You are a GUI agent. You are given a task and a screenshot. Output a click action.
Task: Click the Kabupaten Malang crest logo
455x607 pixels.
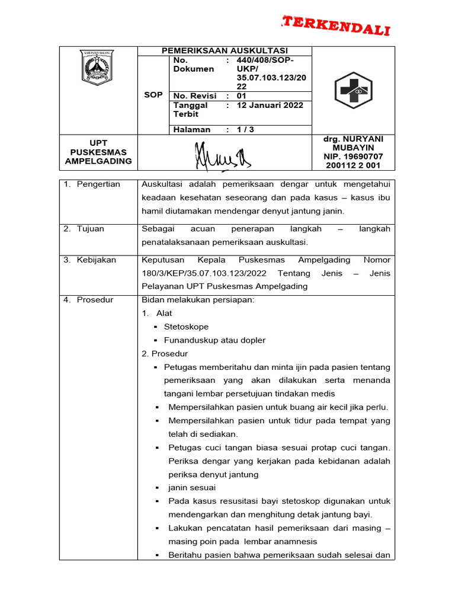(x=97, y=67)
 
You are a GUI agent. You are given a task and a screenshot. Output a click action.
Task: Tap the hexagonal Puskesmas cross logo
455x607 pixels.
(x=353, y=90)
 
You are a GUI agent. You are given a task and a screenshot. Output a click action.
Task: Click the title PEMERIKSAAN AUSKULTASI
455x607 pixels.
(x=225, y=51)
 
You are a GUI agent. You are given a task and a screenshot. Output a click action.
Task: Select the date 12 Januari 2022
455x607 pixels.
(x=270, y=106)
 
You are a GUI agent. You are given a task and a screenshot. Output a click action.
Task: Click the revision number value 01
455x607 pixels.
(x=241, y=95)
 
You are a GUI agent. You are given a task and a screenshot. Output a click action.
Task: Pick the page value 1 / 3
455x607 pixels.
(x=245, y=129)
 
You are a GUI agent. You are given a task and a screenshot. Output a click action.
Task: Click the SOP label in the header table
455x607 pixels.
(x=153, y=95)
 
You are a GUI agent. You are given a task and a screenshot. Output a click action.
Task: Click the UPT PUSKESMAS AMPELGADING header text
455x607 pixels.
(x=98, y=152)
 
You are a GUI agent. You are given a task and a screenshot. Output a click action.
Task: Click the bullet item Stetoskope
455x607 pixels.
(x=186, y=327)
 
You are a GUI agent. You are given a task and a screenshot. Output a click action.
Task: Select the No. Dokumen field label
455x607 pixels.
(x=193, y=65)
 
